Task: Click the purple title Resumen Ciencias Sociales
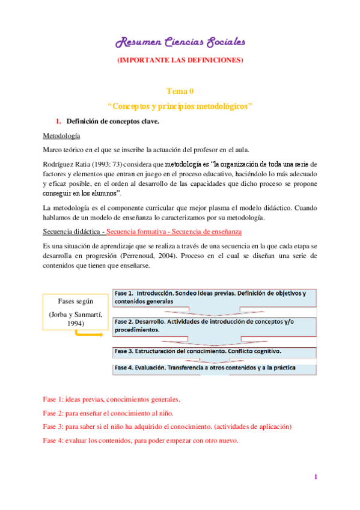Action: click(x=180, y=42)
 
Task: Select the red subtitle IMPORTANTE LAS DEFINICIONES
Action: click(x=180, y=60)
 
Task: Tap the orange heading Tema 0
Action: click(x=180, y=91)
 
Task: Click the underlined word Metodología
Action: click(x=62, y=137)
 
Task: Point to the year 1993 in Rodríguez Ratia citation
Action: click(x=97, y=164)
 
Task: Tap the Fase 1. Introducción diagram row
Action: click(x=215, y=298)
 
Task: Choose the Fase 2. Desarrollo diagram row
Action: click(x=215, y=325)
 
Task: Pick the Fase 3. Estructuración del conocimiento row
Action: click(x=215, y=351)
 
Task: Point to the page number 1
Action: click(x=315, y=477)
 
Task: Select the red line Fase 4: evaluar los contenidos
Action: click(x=141, y=440)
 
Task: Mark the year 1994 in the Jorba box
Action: click(x=72, y=324)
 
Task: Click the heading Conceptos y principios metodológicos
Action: click(x=180, y=106)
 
